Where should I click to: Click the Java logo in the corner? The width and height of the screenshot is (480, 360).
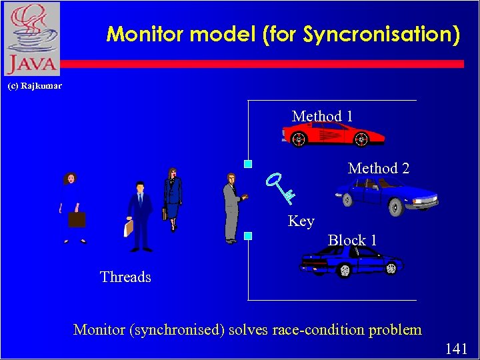tap(31, 39)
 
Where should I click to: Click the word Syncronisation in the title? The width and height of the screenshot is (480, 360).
tap(381, 34)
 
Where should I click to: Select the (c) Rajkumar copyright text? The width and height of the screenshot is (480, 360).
tap(34, 86)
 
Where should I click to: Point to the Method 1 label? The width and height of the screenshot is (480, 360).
tap(323, 116)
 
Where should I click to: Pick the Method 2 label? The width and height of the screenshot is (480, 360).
tap(379, 169)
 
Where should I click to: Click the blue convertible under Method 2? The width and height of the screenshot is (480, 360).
tap(386, 195)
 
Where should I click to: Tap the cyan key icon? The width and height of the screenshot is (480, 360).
tap(279, 187)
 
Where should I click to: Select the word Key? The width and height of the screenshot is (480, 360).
tap(301, 221)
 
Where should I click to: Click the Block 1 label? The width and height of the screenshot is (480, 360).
tap(353, 240)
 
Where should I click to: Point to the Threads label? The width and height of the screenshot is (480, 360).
tap(125, 277)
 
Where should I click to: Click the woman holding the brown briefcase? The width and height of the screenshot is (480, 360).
tap(73, 207)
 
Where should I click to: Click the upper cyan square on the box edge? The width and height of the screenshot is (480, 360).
tap(247, 163)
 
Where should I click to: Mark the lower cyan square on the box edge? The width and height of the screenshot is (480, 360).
tap(247, 235)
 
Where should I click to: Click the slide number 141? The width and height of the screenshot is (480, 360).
tap(455, 349)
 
